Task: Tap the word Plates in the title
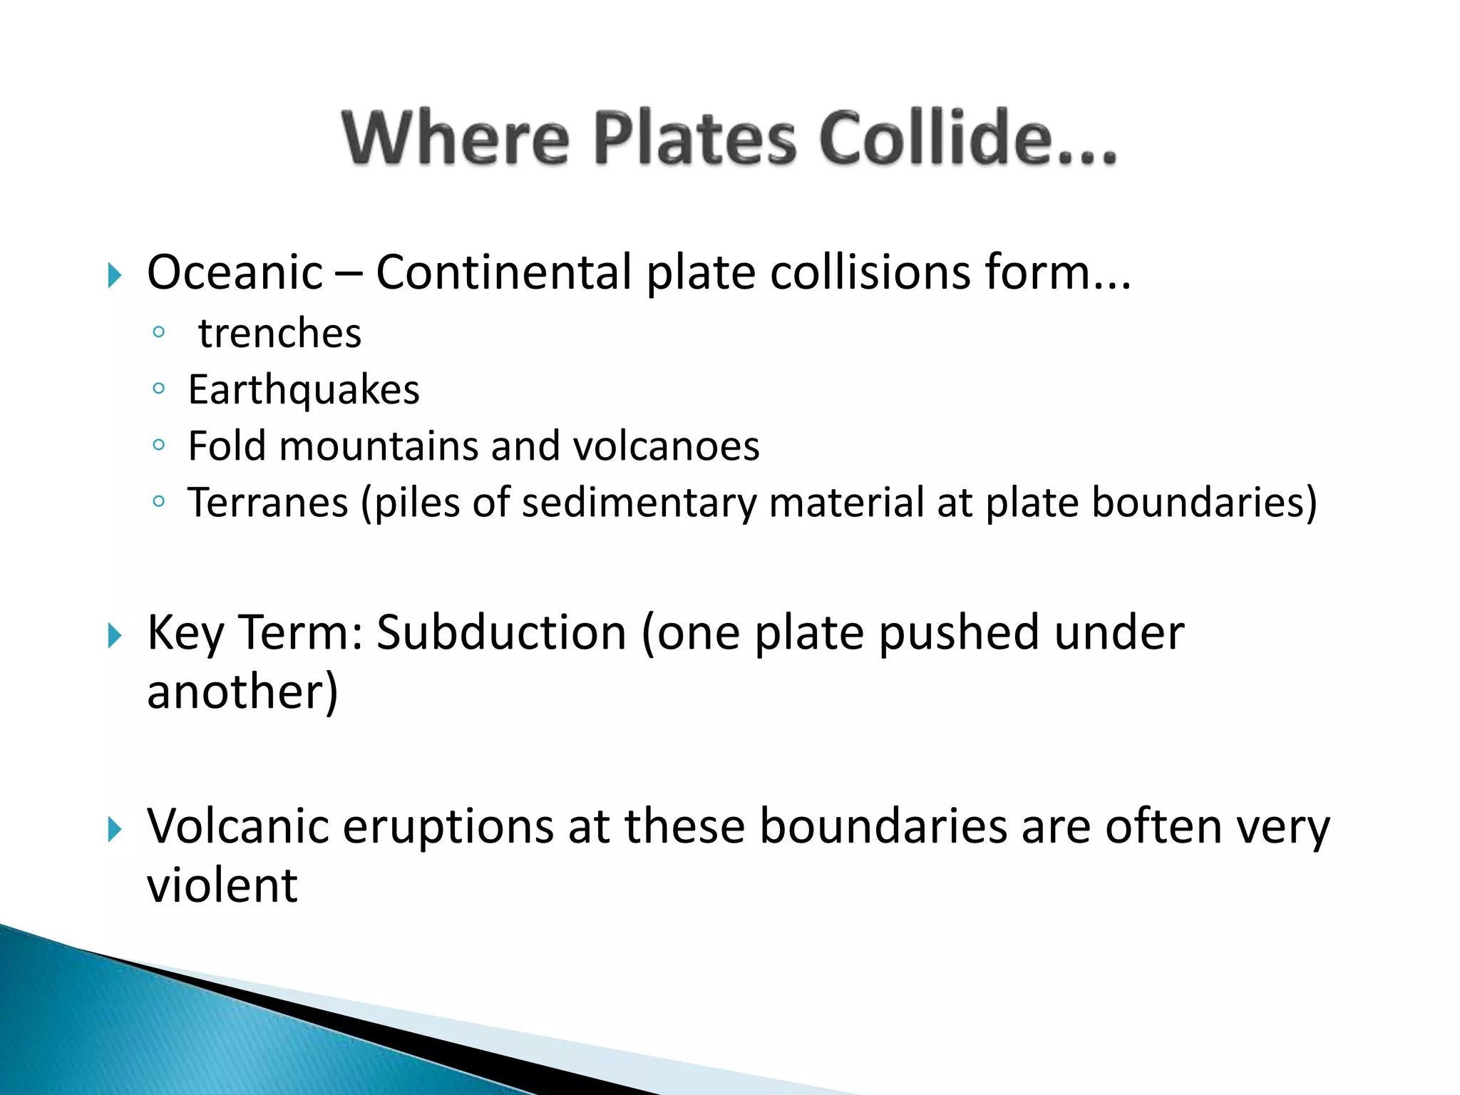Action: (694, 138)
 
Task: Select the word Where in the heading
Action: (456, 138)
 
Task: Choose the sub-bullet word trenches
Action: (279, 334)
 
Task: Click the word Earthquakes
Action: (304, 390)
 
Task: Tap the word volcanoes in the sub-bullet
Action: (666, 446)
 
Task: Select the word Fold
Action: (227, 446)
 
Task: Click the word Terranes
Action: (268, 503)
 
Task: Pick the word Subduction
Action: (500, 633)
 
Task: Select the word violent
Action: (222, 886)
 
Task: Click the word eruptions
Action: (448, 827)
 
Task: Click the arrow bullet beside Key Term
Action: (115, 635)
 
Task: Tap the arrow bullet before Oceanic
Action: (115, 274)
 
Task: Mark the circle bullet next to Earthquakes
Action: (158, 389)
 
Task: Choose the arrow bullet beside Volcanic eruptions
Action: (115, 829)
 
